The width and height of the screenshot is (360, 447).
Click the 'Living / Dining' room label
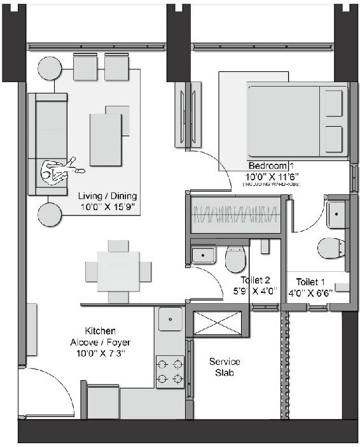pyautogui.click(x=107, y=196)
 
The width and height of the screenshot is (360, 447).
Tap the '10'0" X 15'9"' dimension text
pyautogui.click(x=107, y=208)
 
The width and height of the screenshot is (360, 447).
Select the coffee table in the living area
pyautogui.click(x=106, y=139)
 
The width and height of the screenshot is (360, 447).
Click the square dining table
pyautogui.click(x=118, y=271)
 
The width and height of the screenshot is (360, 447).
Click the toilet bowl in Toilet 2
pyautogui.click(x=235, y=258)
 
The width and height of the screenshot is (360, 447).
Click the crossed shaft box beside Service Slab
pyautogui.click(x=218, y=323)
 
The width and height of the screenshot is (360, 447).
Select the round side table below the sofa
pyautogui.click(x=49, y=215)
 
